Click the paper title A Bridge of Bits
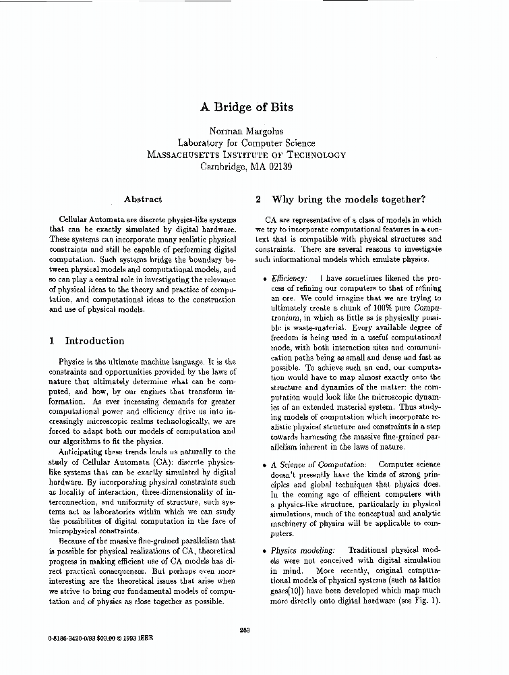(246, 107)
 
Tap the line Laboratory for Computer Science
(246, 142)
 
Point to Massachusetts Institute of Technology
(246, 155)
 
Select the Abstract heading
(143, 199)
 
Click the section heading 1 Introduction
(87, 341)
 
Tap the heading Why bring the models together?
(348, 199)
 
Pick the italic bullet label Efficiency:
(289, 278)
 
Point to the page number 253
(245, 630)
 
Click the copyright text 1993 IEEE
(138, 638)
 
